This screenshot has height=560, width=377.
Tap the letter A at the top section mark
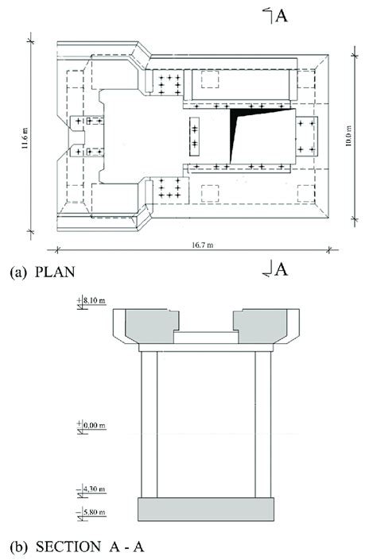click(281, 16)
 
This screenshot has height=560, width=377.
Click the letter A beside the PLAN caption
click(280, 270)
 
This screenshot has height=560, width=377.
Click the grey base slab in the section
click(206, 509)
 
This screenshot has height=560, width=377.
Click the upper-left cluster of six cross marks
click(169, 83)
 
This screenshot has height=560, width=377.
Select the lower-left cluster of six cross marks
click(169, 187)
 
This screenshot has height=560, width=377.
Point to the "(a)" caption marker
click(17, 272)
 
